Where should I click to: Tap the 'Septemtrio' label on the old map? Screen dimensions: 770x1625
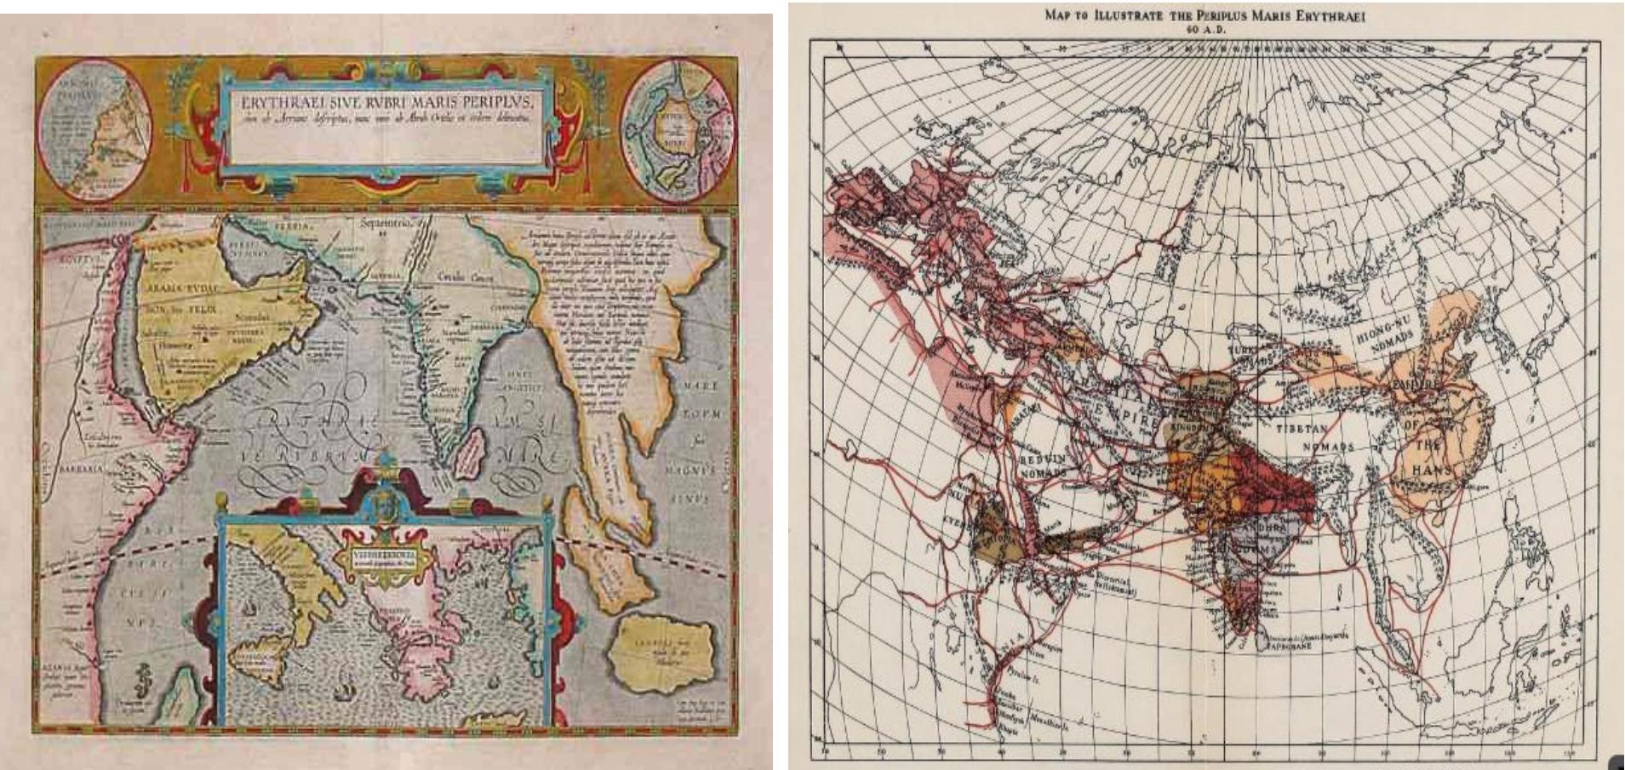click(x=386, y=224)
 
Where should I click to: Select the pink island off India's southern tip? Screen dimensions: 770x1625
click(x=468, y=452)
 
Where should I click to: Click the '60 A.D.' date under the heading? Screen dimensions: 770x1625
click(x=1205, y=29)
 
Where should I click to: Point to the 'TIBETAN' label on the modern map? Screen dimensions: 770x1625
click(x=1302, y=430)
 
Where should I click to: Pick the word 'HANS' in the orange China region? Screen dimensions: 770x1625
click(x=1429, y=470)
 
